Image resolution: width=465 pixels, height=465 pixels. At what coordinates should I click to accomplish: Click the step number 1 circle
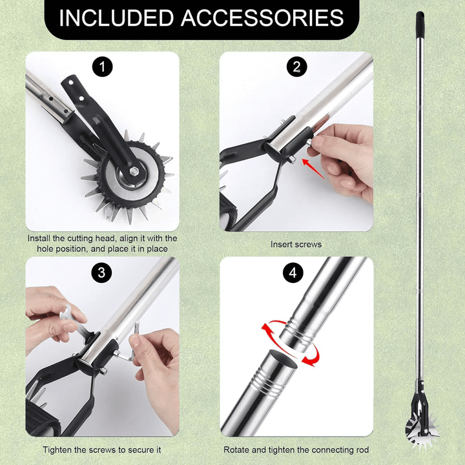pos(102,67)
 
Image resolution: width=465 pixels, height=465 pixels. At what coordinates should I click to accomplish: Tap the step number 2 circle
pos(296,67)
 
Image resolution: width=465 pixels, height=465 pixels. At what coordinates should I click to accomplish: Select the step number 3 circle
pos(102,273)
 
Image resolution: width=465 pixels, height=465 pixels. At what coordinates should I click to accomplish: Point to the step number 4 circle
pos(293,273)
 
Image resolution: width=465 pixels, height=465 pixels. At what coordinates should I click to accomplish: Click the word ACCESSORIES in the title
pos(262,18)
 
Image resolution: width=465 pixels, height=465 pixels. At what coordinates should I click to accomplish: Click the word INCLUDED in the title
pos(116,18)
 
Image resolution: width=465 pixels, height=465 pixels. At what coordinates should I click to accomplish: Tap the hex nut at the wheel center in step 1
pos(134,171)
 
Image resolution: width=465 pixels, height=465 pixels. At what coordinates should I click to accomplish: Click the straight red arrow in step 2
pos(313,169)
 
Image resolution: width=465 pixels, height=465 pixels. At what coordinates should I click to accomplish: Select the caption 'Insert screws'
pos(296,244)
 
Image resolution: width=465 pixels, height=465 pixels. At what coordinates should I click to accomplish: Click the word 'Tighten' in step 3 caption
pos(57,450)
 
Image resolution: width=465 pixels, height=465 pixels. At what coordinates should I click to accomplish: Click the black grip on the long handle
pos(420,25)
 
